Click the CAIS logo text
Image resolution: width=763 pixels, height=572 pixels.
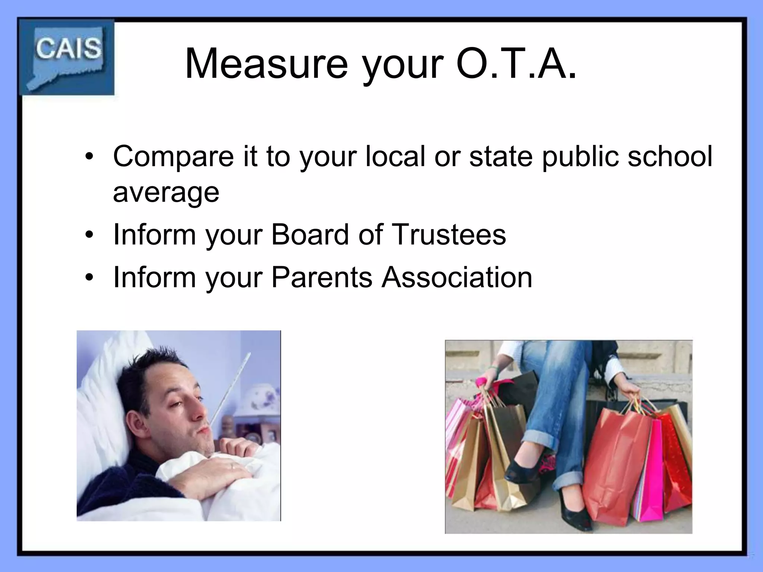click(x=69, y=48)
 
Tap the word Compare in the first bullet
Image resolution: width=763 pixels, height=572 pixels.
click(x=174, y=156)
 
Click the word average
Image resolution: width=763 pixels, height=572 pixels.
click(x=166, y=193)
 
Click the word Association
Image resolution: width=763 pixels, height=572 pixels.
click(x=457, y=277)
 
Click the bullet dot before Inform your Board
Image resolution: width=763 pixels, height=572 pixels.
click(x=88, y=235)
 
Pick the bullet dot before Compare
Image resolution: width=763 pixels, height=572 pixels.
click(x=88, y=157)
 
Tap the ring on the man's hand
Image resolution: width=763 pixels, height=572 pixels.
click(x=232, y=466)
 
